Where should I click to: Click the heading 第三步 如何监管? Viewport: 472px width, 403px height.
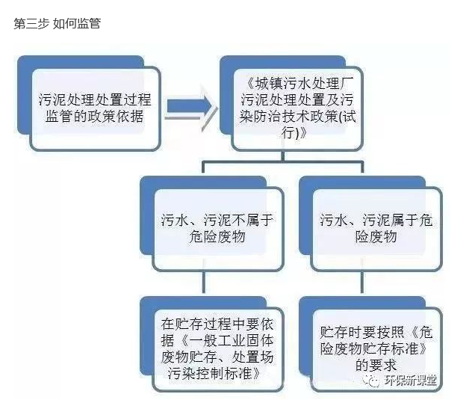(x=57, y=23)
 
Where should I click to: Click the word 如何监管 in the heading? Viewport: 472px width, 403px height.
(x=77, y=23)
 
